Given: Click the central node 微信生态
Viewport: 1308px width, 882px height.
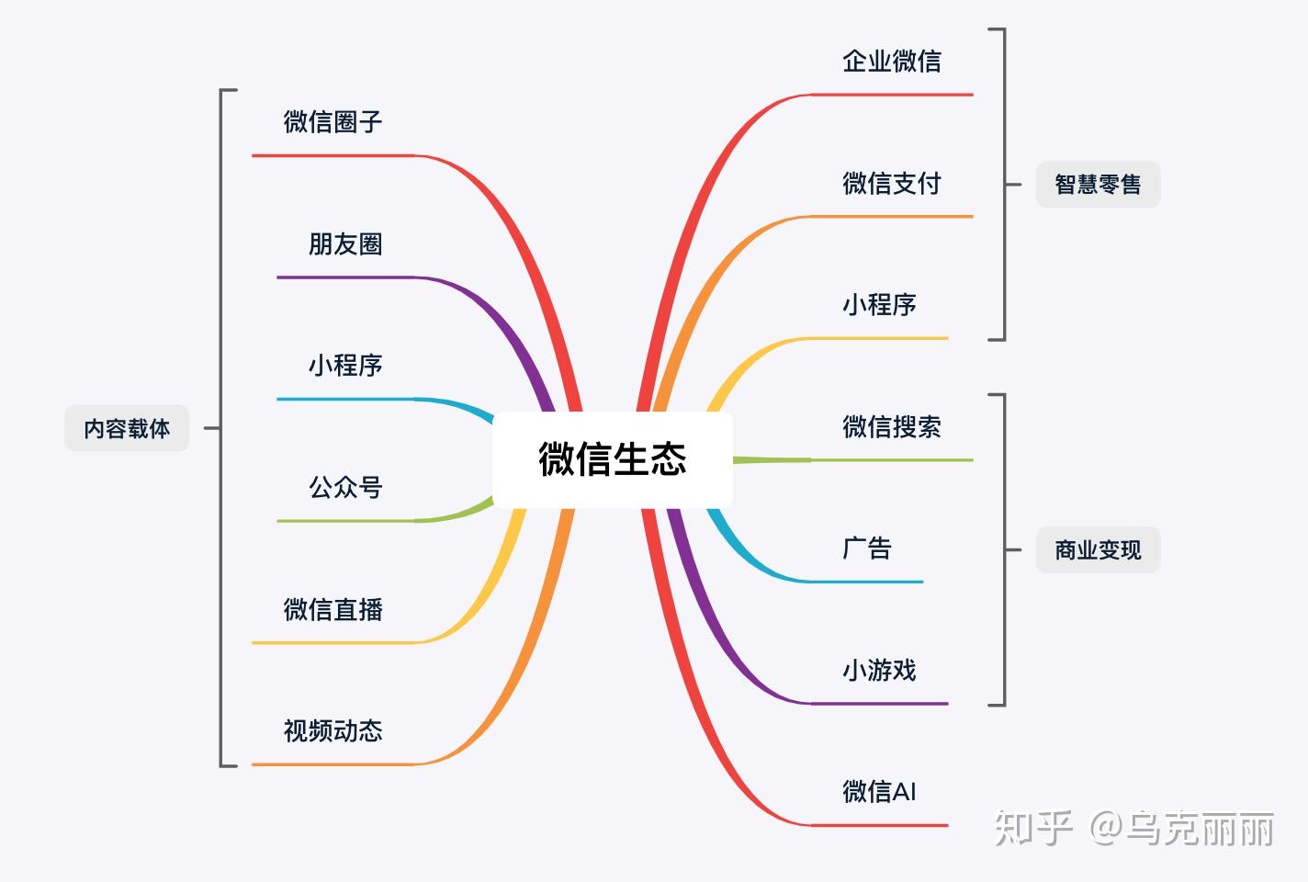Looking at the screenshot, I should (612, 459).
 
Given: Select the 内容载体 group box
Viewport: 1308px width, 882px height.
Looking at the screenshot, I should (127, 428).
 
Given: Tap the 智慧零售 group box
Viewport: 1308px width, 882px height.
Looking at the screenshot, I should (1098, 185).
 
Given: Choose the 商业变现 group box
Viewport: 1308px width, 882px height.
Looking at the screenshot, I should (1098, 550).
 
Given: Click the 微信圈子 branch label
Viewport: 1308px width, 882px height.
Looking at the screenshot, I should (333, 122).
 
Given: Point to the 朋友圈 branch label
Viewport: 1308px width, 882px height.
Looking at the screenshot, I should (345, 244).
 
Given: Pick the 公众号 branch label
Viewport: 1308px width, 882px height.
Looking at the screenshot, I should (345, 488).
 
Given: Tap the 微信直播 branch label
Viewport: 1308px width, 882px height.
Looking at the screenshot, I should (333, 609).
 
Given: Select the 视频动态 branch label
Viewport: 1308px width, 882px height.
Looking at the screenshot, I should (333, 731).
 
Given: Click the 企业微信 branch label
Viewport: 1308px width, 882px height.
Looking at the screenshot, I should (892, 62).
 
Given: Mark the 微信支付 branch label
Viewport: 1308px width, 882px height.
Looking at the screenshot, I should (892, 184).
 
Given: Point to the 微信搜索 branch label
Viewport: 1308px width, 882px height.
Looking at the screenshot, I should (892, 427).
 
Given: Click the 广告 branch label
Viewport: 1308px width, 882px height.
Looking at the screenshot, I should (867, 548).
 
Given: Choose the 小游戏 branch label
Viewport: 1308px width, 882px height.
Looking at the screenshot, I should (879, 671).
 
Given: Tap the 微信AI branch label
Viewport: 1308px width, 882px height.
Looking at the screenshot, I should (879, 792).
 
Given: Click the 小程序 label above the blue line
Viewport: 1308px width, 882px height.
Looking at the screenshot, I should (345, 366).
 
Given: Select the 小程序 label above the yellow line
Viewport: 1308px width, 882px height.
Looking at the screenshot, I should (879, 305).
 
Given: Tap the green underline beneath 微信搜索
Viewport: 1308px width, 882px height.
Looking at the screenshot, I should (891, 459).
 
